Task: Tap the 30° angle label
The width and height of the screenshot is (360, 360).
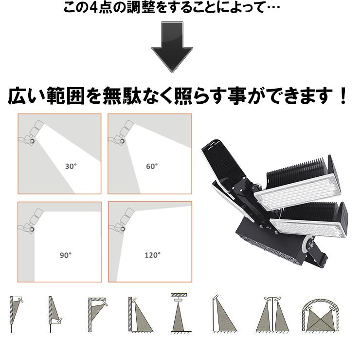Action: [x=71, y=166]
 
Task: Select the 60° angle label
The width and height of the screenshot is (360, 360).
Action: [x=152, y=166]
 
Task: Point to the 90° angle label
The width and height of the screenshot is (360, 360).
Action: [x=66, y=255]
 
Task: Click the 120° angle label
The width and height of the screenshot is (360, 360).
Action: [x=152, y=255]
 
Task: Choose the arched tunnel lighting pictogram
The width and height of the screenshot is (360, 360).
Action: [x=320, y=315]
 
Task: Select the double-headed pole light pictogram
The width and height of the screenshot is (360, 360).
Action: [x=272, y=314]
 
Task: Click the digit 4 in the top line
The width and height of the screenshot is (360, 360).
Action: [x=93, y=8]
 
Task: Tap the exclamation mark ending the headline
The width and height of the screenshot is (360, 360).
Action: [x=343, y=96]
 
